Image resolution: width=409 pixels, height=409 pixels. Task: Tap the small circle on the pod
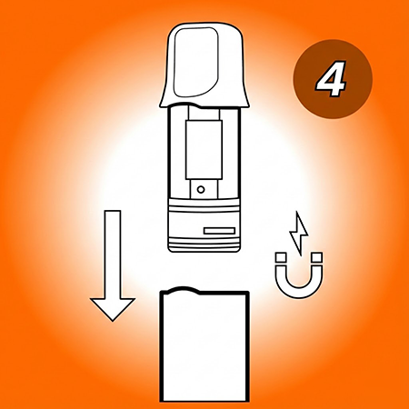pos(200,189)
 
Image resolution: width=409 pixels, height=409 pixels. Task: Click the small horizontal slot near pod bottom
pos(219,232)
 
